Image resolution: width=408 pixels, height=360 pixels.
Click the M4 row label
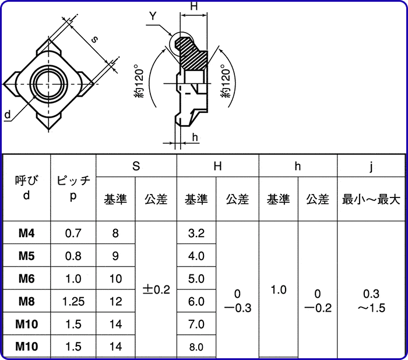[27, 233]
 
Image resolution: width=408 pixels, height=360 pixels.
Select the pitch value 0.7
[73, 233]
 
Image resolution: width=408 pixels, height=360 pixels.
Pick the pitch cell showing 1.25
[73, 301]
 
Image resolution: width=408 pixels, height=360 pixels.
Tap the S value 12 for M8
[115, 301]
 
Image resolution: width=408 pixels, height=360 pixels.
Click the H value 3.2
[196, 233]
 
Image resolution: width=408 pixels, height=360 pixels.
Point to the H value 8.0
[196, 347]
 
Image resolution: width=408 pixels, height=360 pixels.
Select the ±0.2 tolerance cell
[156, 290]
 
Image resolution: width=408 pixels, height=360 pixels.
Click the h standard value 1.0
[279, 290]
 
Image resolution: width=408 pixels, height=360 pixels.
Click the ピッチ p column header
[73, 188]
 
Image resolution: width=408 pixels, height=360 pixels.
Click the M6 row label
[27, 278]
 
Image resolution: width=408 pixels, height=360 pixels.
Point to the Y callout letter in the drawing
[152, 16]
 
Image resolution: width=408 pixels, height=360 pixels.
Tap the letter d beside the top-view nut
[8, 115]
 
